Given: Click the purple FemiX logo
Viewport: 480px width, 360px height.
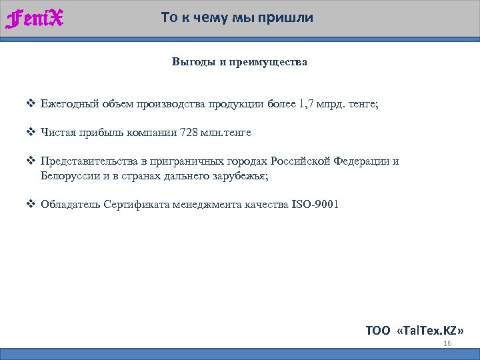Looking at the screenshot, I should tap(35, 19).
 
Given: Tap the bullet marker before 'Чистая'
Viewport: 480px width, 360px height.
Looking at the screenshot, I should tap(31, 132).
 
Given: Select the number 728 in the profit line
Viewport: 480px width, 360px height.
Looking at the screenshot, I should tap(189, 132).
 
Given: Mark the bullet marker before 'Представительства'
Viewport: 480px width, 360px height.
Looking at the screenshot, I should tap(31, 161).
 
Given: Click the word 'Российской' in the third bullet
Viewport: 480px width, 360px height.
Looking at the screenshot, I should tap(310, 161).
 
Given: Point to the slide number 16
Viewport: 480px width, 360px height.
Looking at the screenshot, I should tap(447, 343).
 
